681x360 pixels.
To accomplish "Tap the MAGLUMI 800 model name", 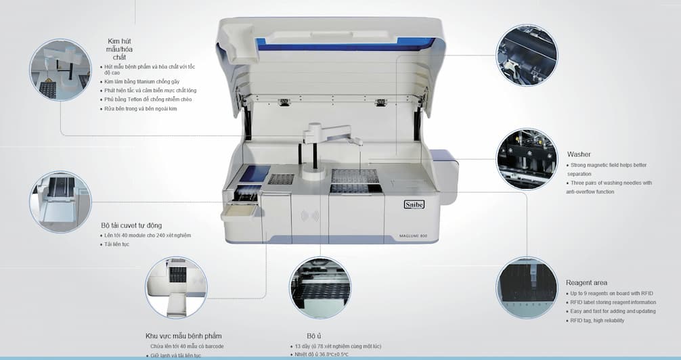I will coord(412,235).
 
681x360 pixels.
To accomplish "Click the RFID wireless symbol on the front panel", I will coord(310,217).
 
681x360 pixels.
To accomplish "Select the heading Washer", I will coord(579,154).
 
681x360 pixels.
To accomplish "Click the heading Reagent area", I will coord(586,282).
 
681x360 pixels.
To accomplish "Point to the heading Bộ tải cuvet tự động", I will coord(131,225).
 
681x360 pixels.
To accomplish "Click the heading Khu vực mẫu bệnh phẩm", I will coord(183,336).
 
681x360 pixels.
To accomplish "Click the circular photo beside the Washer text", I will coord(527,159).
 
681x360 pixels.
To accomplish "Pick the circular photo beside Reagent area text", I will coord(527,287).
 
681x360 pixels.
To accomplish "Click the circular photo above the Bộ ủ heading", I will coord(320,287).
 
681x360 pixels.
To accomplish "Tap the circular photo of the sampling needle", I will coord(60,70).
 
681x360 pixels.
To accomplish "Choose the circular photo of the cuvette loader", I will coord(60,202).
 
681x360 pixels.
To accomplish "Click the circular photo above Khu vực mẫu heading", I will coord(176,287).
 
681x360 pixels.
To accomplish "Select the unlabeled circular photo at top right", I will coord(527,55).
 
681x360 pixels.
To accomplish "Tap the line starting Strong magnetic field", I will coord(607,165).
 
